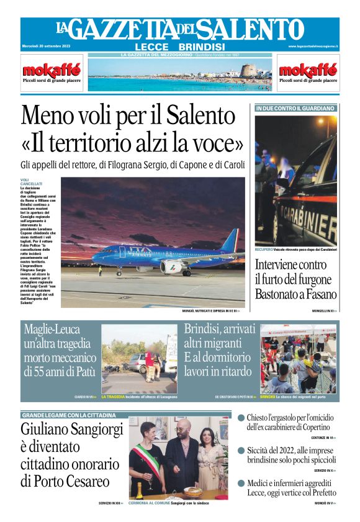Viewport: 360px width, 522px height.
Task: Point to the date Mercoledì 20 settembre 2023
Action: click(46, 47)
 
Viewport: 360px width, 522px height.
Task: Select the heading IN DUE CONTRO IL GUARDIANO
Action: click(295, 108)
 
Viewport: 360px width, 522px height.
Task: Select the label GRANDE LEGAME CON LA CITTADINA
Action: click(69, 415)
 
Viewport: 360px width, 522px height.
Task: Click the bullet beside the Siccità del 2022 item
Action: click(241, 451)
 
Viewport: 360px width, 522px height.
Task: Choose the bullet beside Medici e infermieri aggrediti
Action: click(241, 482)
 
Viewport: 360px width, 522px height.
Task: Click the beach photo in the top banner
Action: click(180, 76)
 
